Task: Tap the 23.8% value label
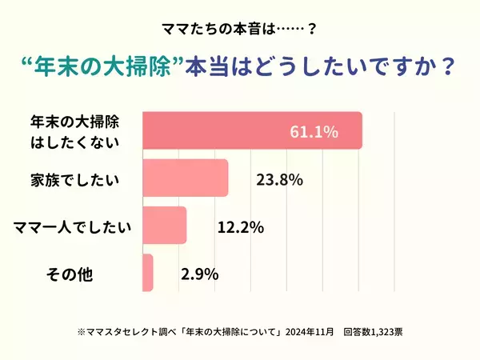point(278,179)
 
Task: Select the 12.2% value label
point(240,227)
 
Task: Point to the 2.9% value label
point(200,274)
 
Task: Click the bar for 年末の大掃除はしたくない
point(240,130)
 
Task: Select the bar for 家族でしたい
point(185,178)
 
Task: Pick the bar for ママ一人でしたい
point(164,226)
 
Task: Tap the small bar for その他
point(147,274)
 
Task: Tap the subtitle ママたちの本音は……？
point(239,29)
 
